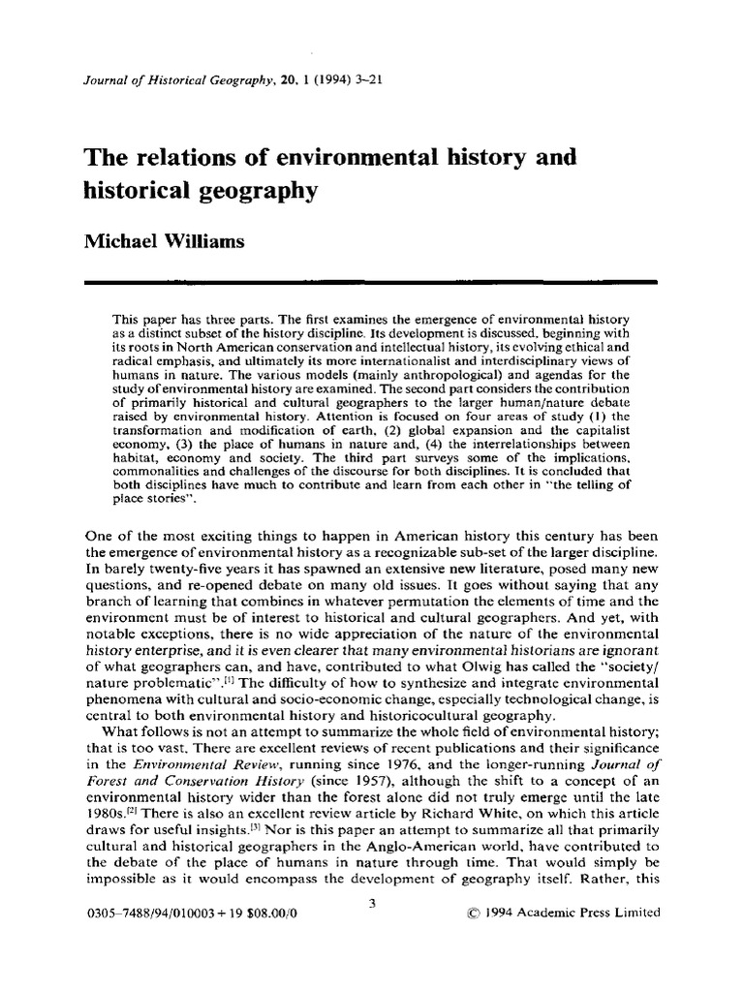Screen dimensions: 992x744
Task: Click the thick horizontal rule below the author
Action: click(x=372, y=281)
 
